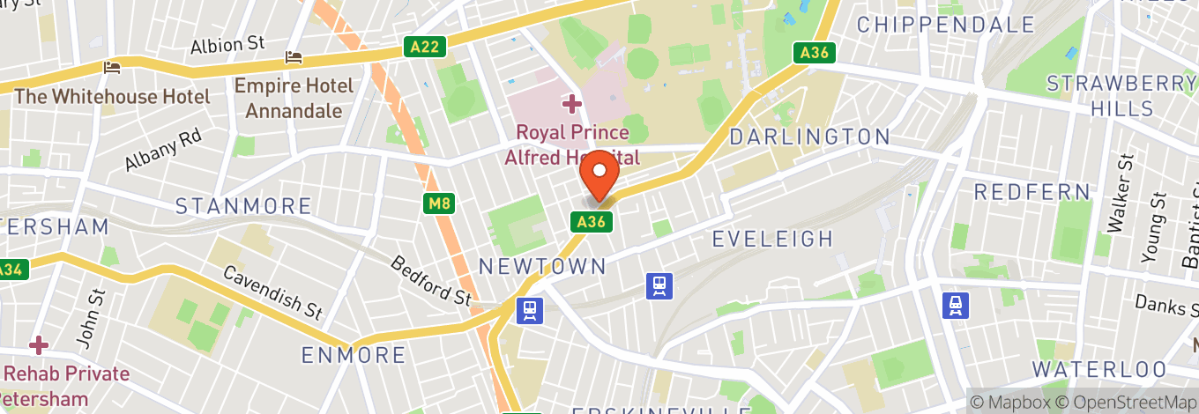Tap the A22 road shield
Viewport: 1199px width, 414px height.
(424, 48)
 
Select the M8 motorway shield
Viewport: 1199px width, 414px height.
(438, 204)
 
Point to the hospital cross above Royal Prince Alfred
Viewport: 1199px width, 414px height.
(571, 105)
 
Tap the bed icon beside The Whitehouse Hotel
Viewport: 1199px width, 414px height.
(112, 67)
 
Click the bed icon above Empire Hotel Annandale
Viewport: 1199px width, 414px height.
(294, 58)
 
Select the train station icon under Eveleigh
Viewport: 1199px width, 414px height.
(659, 285)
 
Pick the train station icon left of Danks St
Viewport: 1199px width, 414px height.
(955, 305)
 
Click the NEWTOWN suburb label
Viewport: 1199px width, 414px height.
(542, 266)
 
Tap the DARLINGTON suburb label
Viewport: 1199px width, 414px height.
(809, 137)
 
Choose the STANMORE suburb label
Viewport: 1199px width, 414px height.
(243, 206)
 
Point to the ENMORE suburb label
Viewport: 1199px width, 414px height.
(354, 355)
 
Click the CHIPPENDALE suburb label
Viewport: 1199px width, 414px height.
(944, 24)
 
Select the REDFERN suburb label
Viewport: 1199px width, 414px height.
(1032, 191)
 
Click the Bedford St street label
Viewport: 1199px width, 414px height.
(431, 280)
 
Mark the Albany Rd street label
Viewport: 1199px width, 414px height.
(163, 150)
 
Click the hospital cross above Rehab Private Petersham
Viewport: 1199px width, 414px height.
(38, 344)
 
